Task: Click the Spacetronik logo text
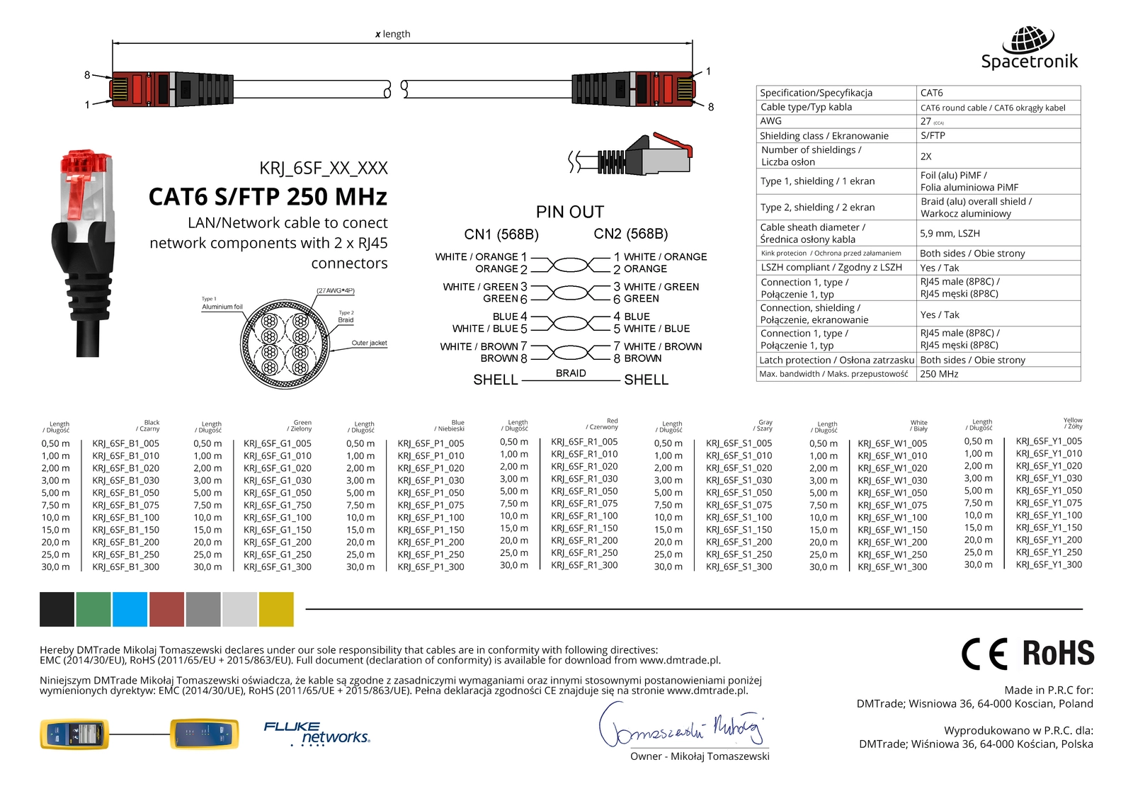[1029, 62]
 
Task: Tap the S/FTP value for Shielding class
[932, 135]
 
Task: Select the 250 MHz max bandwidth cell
[939, 374]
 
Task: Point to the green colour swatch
[93, 610]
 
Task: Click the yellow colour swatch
[276, 610]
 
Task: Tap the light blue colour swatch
[130, 610]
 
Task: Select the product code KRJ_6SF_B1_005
[125, 443]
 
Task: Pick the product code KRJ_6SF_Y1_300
[1049, 564]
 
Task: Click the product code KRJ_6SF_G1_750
[278, 505]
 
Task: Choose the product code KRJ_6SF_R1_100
[584, 516]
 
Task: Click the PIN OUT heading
[569, 212]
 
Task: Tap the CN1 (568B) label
[501, 234]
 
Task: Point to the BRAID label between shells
[571, 373]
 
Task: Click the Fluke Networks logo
[317, 733]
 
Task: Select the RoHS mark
[1058, 653]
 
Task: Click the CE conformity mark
[984, 654]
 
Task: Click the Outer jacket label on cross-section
[369, 343]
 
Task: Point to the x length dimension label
[392, 34]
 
